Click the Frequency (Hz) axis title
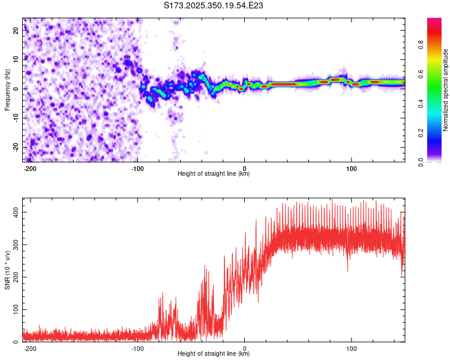point(7,89)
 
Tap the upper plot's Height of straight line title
point(214,174)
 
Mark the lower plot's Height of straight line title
point(214,354)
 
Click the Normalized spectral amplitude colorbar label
point(446,89)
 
